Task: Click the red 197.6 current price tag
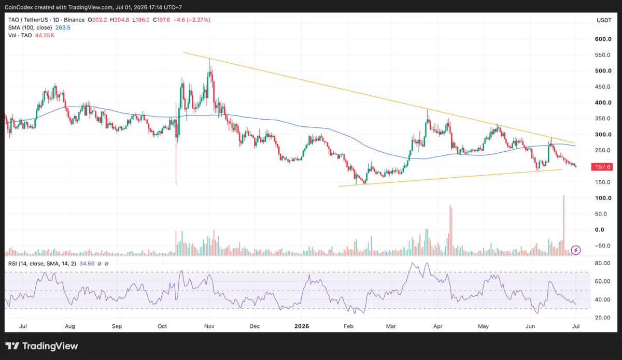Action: point(602,167)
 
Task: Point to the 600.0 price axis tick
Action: point(603,39)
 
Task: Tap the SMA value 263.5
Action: point(63,27)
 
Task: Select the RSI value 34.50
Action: point(87,264)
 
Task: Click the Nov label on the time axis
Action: point(209,326)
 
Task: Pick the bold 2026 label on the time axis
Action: point(302,326)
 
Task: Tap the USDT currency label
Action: point(604,20)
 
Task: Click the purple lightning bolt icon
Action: point(576,250)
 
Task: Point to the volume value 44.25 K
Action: point(45,35)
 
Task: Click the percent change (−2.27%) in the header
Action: point(199,20)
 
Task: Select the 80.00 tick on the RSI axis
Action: point(602,263)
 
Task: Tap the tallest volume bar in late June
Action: point(564,225)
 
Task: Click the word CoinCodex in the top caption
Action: point(19,7)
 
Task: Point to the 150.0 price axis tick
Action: point(602,182)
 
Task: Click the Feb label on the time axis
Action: point(348,326)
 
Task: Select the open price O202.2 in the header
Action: point(97,20)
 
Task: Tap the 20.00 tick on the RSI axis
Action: point(602,318)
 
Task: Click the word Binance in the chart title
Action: point(74,20)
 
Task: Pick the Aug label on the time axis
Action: point(70,326)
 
